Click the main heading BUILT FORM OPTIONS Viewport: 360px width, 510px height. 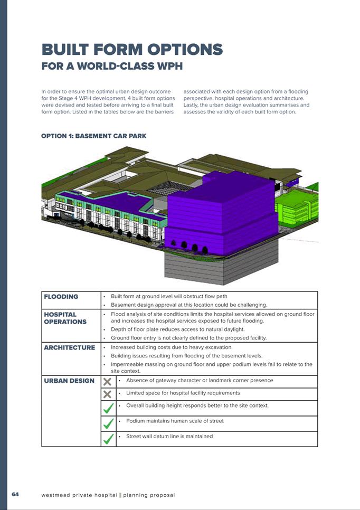[132, 50]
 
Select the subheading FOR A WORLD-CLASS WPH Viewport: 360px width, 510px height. [112, 67]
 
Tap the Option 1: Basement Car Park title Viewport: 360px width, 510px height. [93, 136]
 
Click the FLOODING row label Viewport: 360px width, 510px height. [61, 297]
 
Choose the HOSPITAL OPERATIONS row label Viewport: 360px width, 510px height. [65, 318]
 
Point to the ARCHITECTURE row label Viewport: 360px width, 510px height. [70, 348]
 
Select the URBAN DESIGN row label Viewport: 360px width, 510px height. [69, 381]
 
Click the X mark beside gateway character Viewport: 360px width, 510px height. [107, 382]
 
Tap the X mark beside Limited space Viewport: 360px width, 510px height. [107, 394]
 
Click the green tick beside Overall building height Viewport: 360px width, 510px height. [109, 408]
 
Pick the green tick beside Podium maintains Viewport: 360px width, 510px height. [109, 423]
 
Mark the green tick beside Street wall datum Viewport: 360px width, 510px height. [109, 439]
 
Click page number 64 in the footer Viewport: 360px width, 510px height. [15, 494]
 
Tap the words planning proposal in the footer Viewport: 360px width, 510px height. [149, 495]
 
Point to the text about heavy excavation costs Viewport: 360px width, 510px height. [172, 347]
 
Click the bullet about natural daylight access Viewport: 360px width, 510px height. [177, 329]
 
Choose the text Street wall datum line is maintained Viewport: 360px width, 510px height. [169, 436]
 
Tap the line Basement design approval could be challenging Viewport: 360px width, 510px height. [189, 305]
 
